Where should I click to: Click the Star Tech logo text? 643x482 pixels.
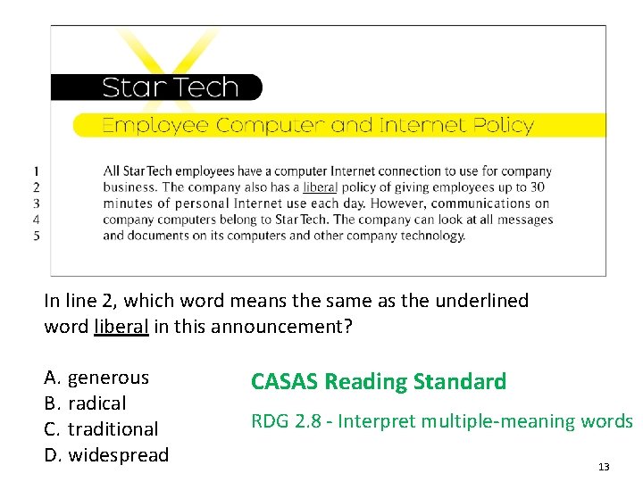tap(170, 87)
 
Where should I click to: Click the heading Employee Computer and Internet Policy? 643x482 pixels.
tap(317, 125)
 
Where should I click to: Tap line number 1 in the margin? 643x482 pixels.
tap(36, 170)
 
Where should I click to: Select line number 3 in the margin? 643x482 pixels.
tap(36, 204)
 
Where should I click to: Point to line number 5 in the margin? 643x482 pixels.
tap(36, 236)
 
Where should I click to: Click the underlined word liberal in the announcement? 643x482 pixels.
tap(320, 187)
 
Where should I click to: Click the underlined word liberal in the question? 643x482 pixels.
tap(121, 327)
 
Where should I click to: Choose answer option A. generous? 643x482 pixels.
tap(96, 378)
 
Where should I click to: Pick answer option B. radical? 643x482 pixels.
tap(85, 403)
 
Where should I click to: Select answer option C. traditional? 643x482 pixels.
tap(101, 429)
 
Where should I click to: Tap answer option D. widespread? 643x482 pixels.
tap(106, 455)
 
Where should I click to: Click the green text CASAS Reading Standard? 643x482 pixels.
tap(379, 382)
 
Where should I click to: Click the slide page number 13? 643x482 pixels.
tap(604, 467)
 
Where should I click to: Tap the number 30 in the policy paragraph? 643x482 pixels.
tap(536, 187)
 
